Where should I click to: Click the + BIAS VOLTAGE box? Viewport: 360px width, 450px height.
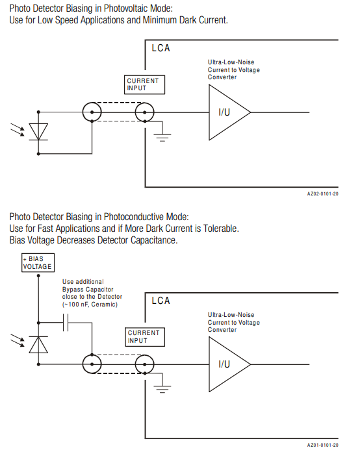coord(38,262)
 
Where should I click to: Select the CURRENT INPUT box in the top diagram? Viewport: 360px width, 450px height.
coord(144,84)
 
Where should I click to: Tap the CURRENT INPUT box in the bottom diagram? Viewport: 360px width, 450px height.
coord(145,337)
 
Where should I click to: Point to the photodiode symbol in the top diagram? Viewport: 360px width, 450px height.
coord(38,132)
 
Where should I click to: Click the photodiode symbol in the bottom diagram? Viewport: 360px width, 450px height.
coord(38,344)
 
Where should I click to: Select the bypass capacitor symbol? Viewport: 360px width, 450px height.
coord(66,323)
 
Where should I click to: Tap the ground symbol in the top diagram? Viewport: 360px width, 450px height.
coord(162,138)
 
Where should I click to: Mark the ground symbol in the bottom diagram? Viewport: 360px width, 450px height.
coord(162,389)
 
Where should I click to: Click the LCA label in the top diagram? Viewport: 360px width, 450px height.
coord(161,48)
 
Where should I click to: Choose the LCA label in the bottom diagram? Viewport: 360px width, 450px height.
coord(161,301)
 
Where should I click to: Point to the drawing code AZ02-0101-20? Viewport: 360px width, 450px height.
coord(323,194)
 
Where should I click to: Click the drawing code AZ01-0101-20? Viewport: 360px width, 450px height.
coord(323,445)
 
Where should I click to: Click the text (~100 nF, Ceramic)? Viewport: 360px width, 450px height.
coord(90,305)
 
